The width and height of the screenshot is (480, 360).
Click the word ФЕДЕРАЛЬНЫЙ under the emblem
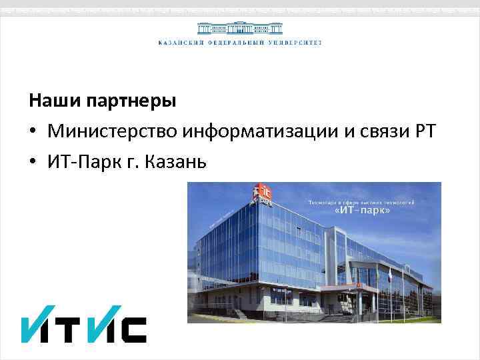coord(237,43)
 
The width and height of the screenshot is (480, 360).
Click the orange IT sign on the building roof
coord(259,194)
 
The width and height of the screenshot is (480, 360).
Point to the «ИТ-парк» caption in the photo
coord(361,211)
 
